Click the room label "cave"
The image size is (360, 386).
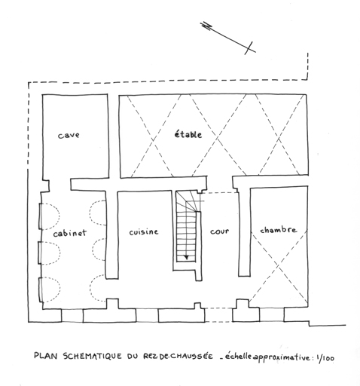point(69,135)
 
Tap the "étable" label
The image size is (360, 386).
point(188,134)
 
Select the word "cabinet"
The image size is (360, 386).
point(69,233)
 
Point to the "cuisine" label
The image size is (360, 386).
point(144,231)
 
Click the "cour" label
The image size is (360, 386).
point(220,231)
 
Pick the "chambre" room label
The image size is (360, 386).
point(278,230)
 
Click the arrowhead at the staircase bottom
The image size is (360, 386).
point(186,257)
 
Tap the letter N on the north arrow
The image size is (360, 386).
point(207,26)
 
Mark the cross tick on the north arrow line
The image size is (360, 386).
point(249,47)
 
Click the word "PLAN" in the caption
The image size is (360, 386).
point(47,355)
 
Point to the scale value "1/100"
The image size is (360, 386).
point(325,358)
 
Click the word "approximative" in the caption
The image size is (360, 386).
point(282,357)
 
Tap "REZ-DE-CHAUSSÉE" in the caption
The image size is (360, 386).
point(178,356)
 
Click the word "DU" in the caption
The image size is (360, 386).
point(133,356)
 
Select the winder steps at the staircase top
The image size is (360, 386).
point(188,201)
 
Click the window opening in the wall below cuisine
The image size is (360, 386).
point(147,315)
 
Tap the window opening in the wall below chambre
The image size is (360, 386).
point(272,314)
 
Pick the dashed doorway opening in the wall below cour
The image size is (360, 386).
point(218,315)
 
